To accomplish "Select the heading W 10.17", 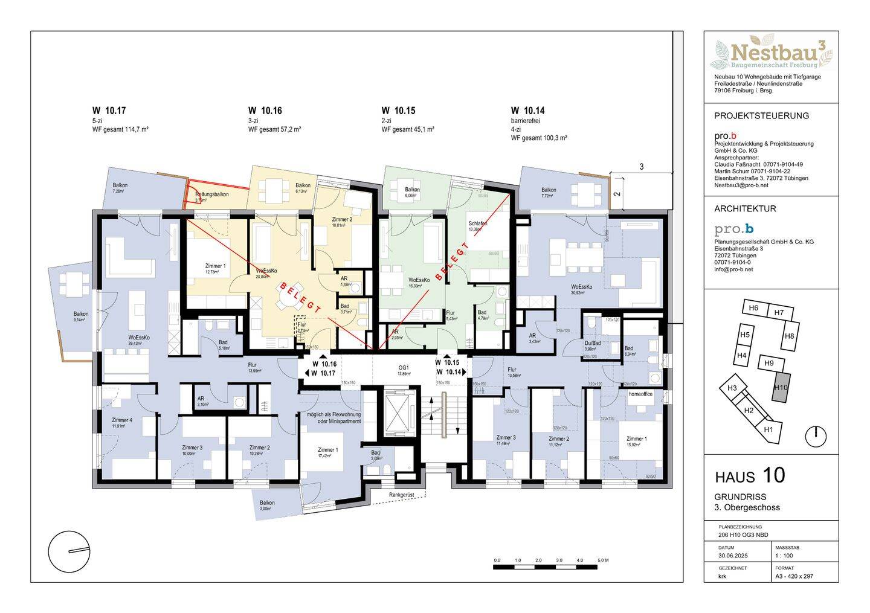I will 109,111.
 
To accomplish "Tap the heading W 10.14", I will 527,111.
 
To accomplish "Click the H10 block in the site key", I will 781,388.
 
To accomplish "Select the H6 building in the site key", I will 753,308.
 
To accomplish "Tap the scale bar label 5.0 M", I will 602,561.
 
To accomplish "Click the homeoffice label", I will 641,394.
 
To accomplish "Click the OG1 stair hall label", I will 403,367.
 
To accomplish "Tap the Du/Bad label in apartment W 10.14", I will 593,342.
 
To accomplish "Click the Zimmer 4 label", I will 121,420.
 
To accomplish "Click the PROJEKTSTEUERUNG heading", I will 761,115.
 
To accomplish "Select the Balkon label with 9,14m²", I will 81,314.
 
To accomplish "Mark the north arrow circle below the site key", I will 816,434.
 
